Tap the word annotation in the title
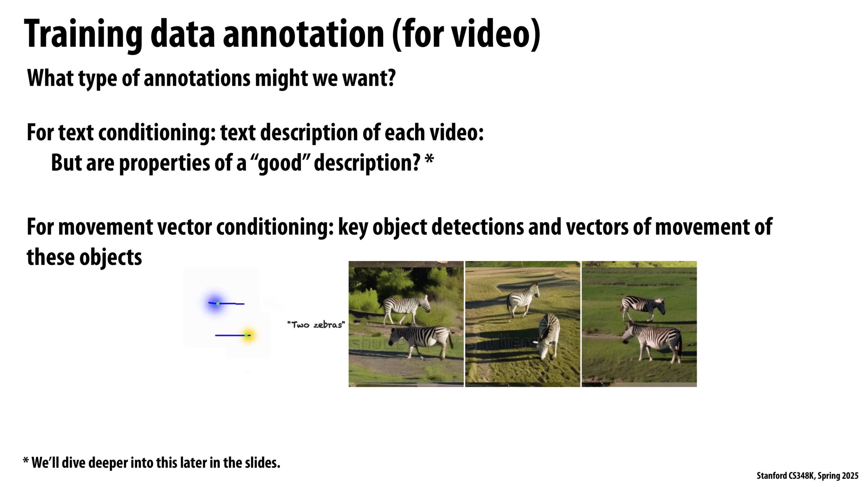pyautogui.click(x=304, y=34)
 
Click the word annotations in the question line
pyautogui.click(x=197, y=78)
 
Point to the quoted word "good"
pyautogui.click(x=281, y=163)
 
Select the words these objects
pyautogui.click(x=84, y=257)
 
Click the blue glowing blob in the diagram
pyautogui.click(x=215, y=303)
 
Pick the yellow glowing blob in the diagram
pyautogui.click(x=247, y=336)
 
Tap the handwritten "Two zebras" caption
pyautogui.click(x=316, y=325)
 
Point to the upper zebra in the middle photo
pyautogui.click(x=523, y=300)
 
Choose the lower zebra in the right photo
pyautogui.click(x=652, y=341)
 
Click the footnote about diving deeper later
pyautogui.click(x=151, y=463)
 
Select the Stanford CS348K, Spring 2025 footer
pyautogui.click(x=807, y=476)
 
